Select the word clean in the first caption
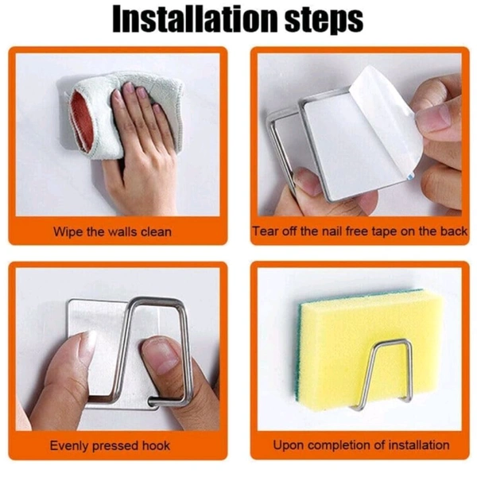[x=156, y=232]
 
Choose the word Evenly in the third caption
[x=69, y=446]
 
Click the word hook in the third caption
[x=156, y=446]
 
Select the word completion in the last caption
[x=339, y=445]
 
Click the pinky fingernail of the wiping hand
[x=157, y=109]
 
